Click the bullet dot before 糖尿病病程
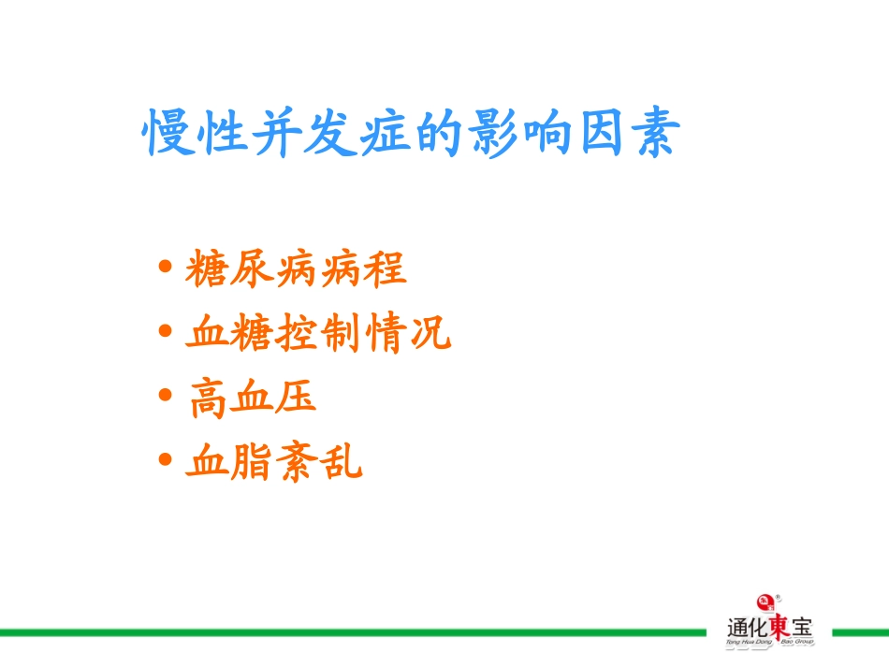point(166,269)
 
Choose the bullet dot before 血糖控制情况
point(166,333)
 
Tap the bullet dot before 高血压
point(166,397)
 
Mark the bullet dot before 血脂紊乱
point(166,460)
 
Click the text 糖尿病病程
point(296,269)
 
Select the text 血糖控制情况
point(318,333)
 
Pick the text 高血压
point(252,397)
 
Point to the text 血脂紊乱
point(274,460)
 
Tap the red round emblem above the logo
point(766,600)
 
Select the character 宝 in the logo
point(802,626)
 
